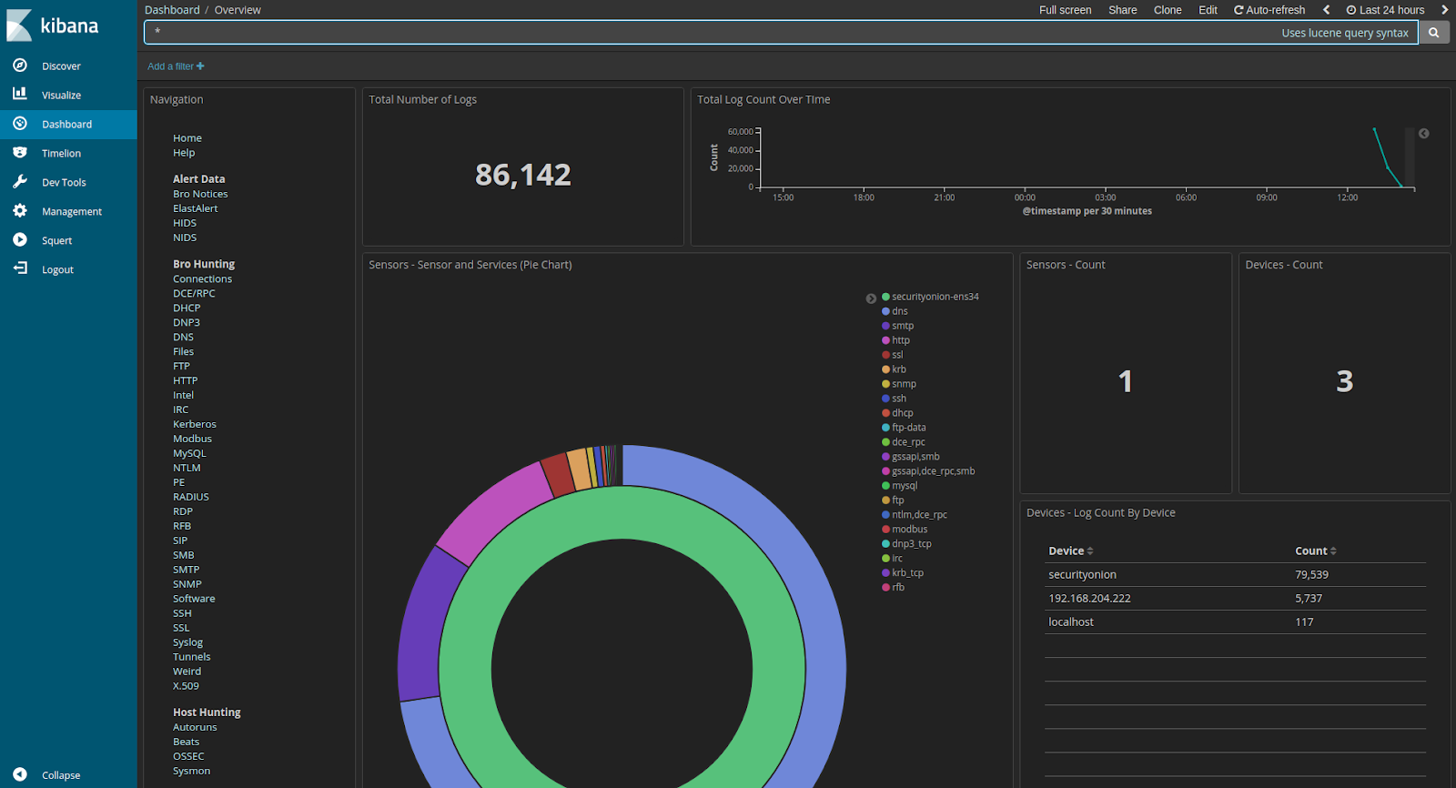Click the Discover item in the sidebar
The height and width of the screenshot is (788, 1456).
click(x=60, y=66)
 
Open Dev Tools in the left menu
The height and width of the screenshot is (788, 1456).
click(x=63, y=183)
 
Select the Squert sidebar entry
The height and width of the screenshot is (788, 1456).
click(x=56, y=241)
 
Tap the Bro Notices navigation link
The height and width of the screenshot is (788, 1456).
click(x=200, y=194)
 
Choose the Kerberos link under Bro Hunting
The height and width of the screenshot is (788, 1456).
click(x=195, y=424)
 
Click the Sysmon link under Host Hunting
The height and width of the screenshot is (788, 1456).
click(x=191, y=771)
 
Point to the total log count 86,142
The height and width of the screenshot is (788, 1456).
click(x=523, y=175)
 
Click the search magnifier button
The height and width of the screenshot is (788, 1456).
click(x=1433, y=33)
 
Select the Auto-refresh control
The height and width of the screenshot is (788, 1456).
click(x=1269, y=10)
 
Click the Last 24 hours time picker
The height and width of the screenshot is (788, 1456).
click(x=1386, y=10)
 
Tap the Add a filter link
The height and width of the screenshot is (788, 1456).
click(x=176, y=66)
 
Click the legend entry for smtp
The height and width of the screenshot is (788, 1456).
click(x=902, y=326)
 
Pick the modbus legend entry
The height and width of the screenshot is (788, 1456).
click(x=909, y=530)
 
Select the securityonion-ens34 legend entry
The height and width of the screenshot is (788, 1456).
click(x=935, y=297)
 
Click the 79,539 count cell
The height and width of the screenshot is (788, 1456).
click(x=1311, y=575)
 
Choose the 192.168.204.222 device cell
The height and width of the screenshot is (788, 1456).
click(x=1089, y=599)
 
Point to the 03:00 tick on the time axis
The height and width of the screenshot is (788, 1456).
click(x=1105, y=197)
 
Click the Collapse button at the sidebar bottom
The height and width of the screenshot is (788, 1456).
click(x=60, y=775)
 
